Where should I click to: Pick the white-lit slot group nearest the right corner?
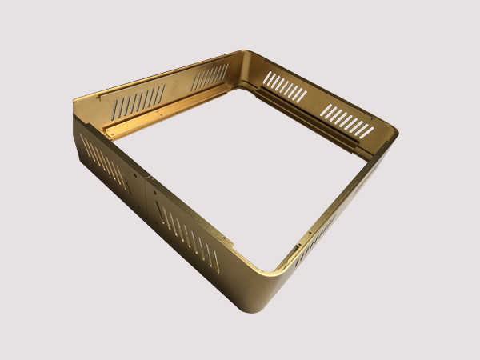pyautogui.click(x=347, y=121)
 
